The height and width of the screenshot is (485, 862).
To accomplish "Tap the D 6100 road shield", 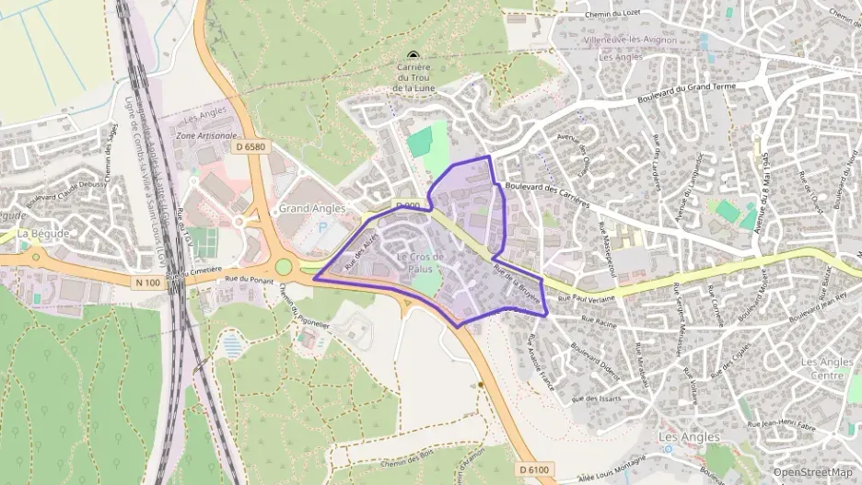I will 533,469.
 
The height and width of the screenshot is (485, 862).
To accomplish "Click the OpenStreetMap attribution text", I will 812,472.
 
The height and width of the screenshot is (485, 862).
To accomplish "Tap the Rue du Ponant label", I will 245,277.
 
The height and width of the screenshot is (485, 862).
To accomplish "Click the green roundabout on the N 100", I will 284,268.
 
